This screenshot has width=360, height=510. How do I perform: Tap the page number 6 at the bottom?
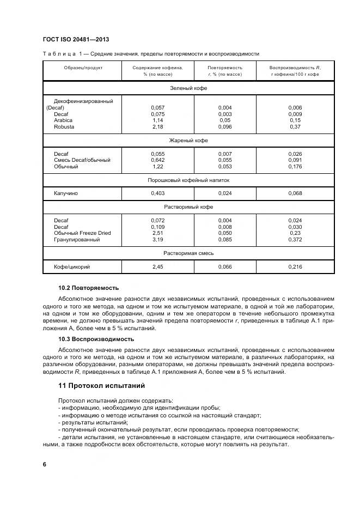coord(45,464)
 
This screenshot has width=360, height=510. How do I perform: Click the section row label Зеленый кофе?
coord(189,88)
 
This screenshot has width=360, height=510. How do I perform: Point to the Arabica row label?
coord(63,120)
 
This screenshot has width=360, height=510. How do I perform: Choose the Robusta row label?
coord(64,127)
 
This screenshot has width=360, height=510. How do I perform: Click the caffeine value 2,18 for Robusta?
coord(157,127)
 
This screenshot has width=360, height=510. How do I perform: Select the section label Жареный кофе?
coord(189,141)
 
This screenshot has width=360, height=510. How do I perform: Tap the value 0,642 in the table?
coord(157,160)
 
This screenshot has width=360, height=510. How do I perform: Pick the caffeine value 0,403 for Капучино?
coord(157,193)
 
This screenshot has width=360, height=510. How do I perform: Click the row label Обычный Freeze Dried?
coord(82,233)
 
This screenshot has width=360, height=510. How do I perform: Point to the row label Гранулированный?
coord(77,240)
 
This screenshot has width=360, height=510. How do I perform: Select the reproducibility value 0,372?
coord(295,240)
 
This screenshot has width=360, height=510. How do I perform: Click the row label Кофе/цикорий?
coord(72,266)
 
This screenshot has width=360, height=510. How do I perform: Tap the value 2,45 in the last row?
coord(157,266)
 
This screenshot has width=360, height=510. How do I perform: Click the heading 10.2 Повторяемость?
coord(88,288)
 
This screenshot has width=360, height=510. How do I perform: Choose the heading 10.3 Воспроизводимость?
coord(96,339)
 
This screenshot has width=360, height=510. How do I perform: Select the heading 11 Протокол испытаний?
coord(101,386)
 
